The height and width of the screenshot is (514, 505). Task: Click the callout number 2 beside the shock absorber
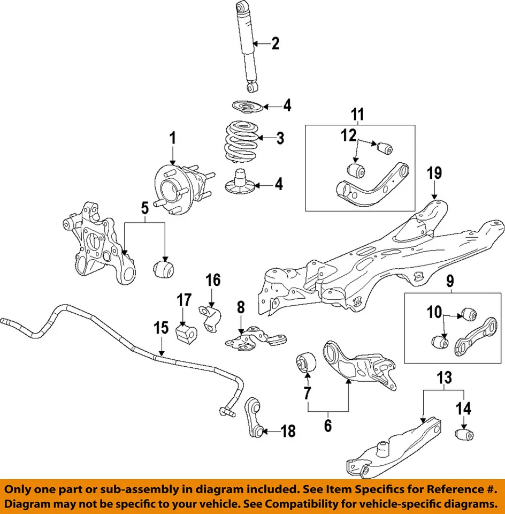point(275,43)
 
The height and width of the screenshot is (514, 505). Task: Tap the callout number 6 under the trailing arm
point(327,426)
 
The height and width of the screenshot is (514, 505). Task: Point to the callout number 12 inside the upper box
point(349,135)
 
